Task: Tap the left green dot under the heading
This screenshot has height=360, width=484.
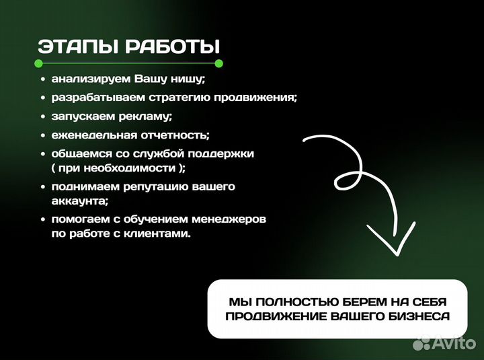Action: coord(39,64)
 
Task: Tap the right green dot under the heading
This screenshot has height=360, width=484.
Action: coord(218,64)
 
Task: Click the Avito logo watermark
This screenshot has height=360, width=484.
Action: coord(444,343)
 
